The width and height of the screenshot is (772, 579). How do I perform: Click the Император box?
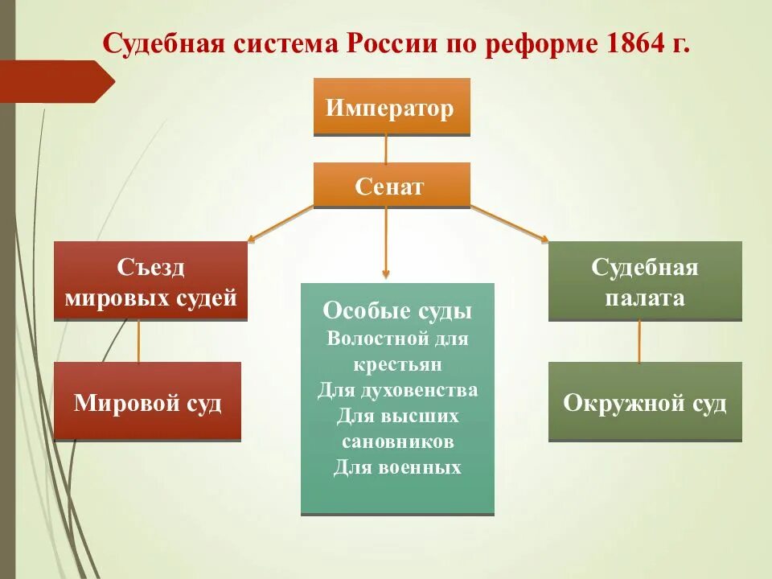[x=391, y=107]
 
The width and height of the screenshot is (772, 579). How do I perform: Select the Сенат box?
[x=391, y=186]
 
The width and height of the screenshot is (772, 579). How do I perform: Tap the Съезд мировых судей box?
[x=150, y=281]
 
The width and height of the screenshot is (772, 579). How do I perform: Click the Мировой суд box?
[x=147, y=401]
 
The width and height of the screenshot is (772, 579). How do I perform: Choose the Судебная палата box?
[x=645, y=281]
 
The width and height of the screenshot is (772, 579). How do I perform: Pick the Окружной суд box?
[x=645, y=401]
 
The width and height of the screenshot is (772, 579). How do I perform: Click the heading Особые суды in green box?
[x=397, y=311]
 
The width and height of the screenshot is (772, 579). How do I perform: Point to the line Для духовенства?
[x=397, y=390]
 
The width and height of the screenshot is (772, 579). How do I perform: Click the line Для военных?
[x=397, y=467]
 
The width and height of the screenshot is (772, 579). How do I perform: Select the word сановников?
[x=397, y=441]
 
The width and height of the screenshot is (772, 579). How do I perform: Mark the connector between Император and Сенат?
[x=387, y=149]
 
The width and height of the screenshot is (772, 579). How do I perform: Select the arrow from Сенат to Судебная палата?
[x=510, y=224]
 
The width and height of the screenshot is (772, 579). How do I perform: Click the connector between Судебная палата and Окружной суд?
[x=640, y=342]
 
